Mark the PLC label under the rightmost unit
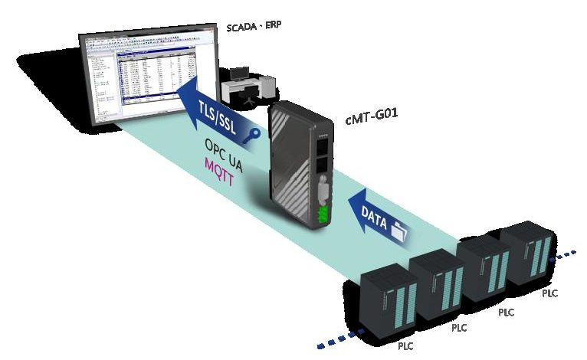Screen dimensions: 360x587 coord(550,293)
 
